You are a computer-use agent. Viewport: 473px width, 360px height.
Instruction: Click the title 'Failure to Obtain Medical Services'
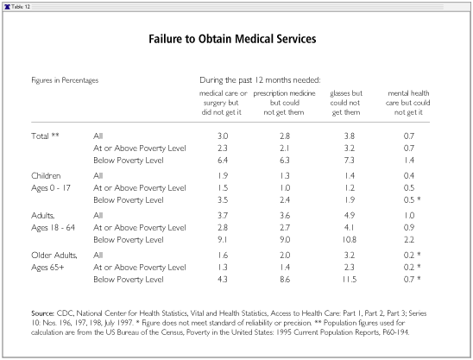232,39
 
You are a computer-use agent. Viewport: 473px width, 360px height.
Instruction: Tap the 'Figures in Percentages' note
65,80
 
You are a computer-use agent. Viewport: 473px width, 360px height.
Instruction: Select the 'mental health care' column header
408,103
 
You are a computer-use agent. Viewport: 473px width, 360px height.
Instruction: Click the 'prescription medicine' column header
284,103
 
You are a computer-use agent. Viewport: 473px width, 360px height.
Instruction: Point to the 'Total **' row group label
45,136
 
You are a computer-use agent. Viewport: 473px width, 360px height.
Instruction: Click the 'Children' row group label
46,175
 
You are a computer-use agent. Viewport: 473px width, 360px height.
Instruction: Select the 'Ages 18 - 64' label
54,228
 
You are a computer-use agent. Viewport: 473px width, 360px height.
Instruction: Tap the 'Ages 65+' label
47,268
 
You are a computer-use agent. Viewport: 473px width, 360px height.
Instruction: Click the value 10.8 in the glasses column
349,240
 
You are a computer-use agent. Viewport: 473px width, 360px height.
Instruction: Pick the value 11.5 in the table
349,280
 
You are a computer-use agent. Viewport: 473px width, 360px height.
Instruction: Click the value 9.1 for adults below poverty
223,240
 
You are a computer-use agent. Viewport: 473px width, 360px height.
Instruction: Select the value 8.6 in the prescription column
285,280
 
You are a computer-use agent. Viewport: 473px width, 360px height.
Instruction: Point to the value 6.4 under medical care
223,161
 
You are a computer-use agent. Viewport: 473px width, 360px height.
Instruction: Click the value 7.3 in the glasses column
349,161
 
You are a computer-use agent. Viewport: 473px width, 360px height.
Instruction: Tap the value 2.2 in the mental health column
409,240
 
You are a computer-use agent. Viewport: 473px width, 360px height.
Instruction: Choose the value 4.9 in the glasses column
349,216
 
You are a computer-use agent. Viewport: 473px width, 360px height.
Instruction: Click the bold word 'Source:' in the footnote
42,313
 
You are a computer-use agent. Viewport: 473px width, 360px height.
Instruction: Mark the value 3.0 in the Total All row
223,136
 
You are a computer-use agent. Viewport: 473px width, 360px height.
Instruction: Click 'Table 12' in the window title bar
21,7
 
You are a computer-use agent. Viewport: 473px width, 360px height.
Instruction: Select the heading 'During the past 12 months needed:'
260,80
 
